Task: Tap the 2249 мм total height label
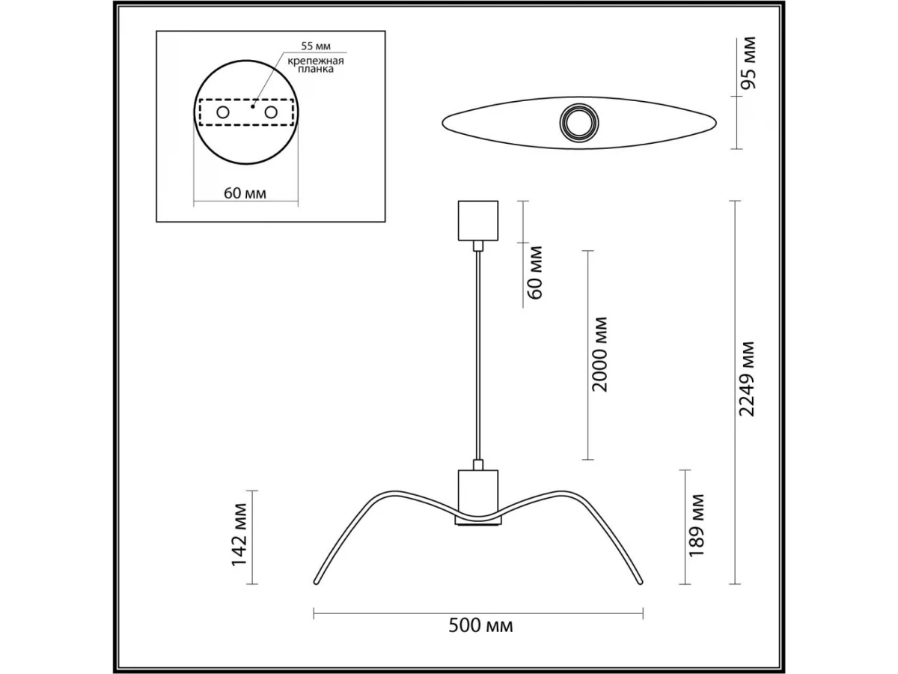tap(747, 380)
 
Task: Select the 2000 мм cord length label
tap(600, 354)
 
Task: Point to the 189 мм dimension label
tap(697, 526)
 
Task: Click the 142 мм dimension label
tap(239, 535)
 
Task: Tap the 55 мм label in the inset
tap(316, 46)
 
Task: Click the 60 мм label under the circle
tap(245, 193)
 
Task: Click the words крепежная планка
tap(316, 65)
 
